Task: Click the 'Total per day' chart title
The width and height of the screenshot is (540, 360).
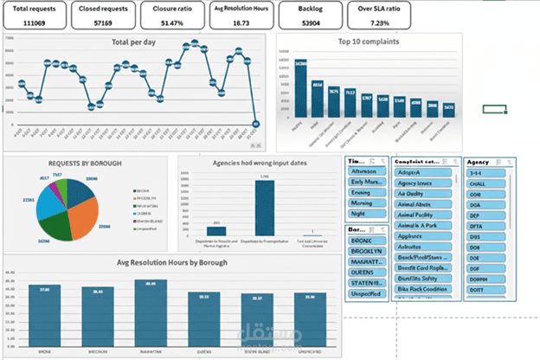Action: point(134,42)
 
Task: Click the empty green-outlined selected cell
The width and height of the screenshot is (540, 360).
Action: point(494,109)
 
